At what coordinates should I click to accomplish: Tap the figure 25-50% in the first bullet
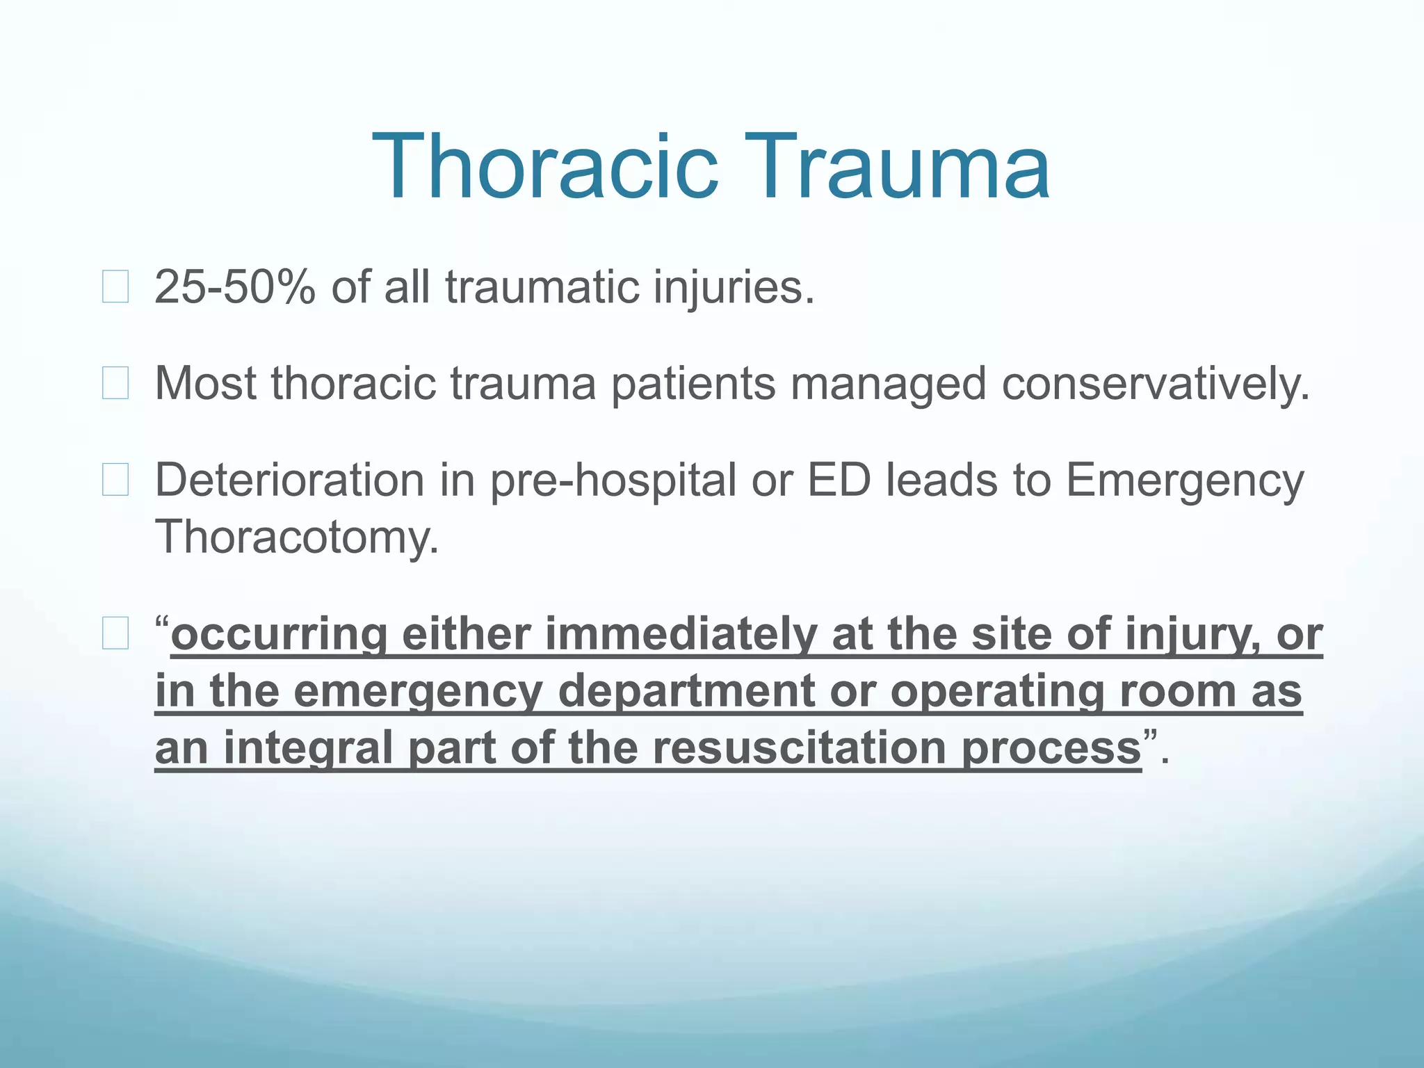pos(235,286)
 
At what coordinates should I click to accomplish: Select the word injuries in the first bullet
pos(733,286)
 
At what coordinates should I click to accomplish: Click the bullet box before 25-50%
pos(115,287)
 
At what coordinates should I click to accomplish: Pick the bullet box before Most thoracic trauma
pos(115,383)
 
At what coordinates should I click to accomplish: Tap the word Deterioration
pos(289,480)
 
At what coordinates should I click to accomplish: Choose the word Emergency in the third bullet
pos(1185,481)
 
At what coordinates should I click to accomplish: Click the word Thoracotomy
pos(298,537)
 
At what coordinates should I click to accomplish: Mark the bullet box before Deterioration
pos(115,480)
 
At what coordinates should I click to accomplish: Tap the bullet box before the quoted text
pos(115,633)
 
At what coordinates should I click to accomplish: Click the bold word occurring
pos(279,635)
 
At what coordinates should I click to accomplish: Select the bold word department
pos(686,692)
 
